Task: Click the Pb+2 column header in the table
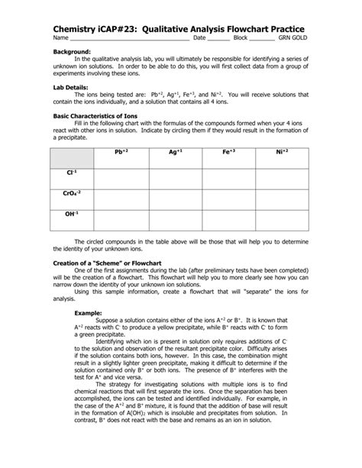pos(121,152)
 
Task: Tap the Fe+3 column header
pos(229,152)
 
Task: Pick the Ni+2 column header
pos(283,152)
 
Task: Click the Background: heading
pos(71,50)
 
